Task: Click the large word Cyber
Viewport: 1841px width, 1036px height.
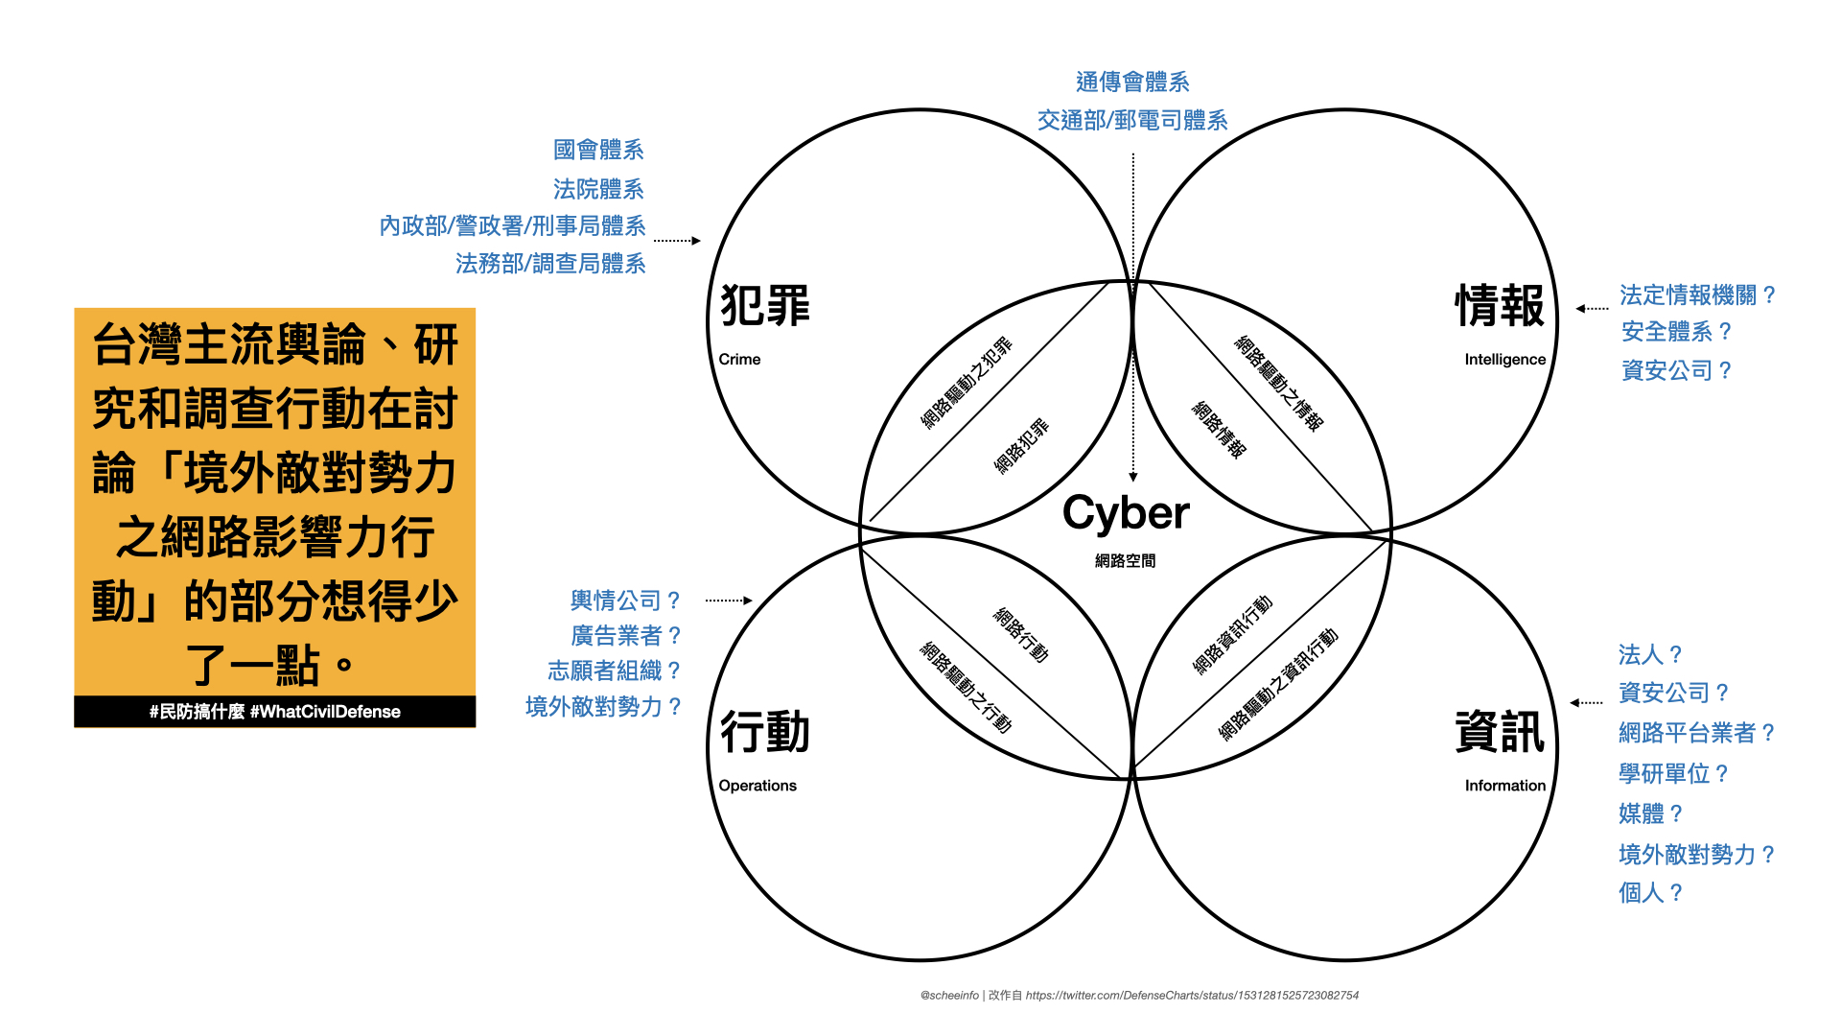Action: (x=1126, y=513)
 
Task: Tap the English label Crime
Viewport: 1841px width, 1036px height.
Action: (x=739, y=359)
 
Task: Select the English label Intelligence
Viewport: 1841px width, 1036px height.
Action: (x=1504, y=359)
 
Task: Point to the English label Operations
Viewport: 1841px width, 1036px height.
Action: (x=757, y=786)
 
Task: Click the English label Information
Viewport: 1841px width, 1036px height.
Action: (x=1504, y=786)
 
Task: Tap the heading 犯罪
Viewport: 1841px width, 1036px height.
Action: (x=764, y=306)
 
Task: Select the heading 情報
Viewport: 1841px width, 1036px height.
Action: (x=1500, y=306)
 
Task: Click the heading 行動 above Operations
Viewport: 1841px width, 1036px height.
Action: (x=764, y=732)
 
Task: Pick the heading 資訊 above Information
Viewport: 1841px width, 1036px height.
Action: (x=1500, y=732)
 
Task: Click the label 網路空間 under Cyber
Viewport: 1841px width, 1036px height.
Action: (x=1125, y=561)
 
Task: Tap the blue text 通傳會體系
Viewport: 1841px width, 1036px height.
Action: (x=1132, y=82)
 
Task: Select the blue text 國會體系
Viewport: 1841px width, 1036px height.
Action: (x=598, y=150)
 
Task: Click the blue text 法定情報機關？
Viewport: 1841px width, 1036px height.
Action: (x=1697, y=294)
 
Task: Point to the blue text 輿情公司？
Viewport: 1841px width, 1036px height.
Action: (x=625, y=600)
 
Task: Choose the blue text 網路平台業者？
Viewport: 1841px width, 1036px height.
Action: (x=1696, y=733)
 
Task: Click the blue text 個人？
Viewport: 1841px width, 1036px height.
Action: (x=1650, y=893)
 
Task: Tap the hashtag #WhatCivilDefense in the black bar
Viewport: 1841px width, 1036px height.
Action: (x=325, y=712)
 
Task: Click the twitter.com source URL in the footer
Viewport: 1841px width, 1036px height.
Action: (x=1192, y=996)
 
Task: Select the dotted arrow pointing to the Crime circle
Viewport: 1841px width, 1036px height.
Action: (x=677, y=241)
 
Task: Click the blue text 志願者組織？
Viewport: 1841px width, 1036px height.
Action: (x=615, y=671)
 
